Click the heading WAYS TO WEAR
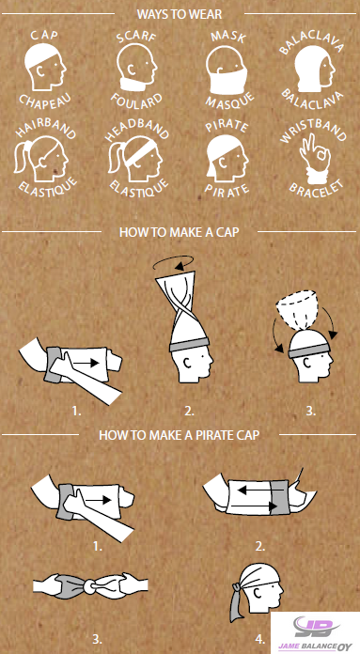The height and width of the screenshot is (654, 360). (180, 14)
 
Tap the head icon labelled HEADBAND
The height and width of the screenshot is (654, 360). (133, 160)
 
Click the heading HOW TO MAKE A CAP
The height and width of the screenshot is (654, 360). (180, 232)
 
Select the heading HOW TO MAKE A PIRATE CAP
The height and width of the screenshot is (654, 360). (179, 435)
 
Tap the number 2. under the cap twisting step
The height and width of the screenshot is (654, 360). (189, 411)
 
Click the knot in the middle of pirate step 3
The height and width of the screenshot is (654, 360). (90, 587)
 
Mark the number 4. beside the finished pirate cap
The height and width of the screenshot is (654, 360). (260, 639)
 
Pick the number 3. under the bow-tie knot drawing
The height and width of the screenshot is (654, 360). (97, 639)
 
